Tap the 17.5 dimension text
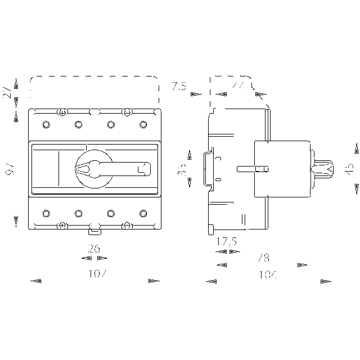pos(227,242)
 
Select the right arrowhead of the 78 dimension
pos(301,264)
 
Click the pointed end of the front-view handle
pos(78,168)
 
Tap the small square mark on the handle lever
pos(141,168)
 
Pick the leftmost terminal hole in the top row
pos(46,124)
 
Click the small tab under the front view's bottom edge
pos(94,228)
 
